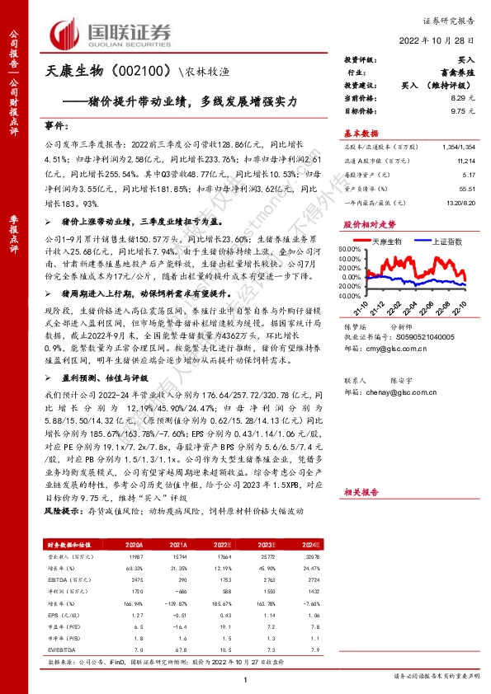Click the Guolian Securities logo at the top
point(111,34)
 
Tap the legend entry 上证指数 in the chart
point(443,241)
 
